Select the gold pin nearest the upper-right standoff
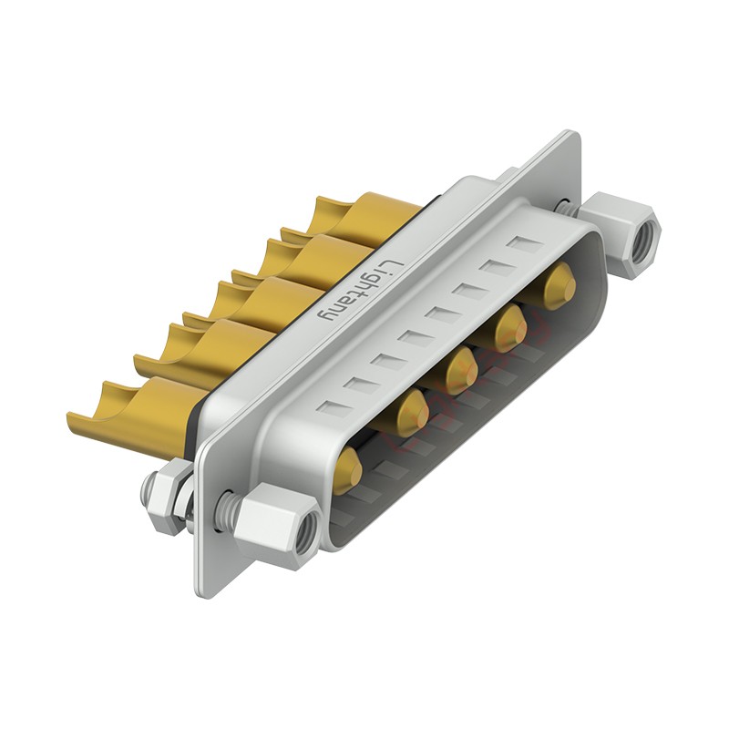coord(560,285)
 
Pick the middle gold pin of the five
coord(461,371)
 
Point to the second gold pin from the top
coord(510,328)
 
